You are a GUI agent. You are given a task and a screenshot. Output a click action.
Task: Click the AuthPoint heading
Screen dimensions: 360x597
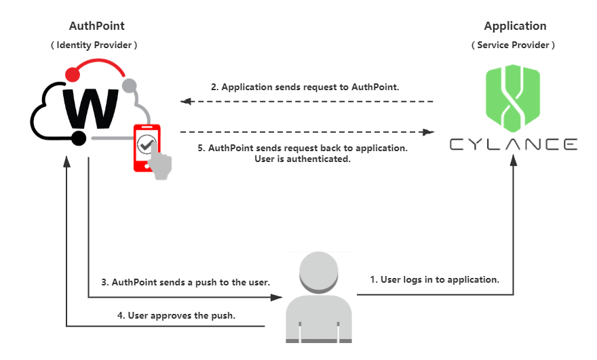[97, 26]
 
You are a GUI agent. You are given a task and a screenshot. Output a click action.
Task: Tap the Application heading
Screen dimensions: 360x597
[515, 26]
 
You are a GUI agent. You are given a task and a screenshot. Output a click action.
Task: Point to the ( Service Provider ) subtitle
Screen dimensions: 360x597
[513, 45]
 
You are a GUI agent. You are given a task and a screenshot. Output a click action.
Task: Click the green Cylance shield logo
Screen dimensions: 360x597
[513, 98]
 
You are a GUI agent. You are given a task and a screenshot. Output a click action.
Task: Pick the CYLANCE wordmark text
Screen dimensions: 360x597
[514, 144]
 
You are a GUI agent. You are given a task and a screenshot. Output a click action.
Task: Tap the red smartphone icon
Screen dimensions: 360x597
[146, 146]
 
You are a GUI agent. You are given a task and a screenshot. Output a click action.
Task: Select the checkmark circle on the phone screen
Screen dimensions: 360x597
[146, 144]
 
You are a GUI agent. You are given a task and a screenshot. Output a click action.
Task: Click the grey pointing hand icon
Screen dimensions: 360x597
[161, 164]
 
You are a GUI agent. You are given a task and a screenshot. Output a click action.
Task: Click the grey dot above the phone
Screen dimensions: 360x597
[129, 85]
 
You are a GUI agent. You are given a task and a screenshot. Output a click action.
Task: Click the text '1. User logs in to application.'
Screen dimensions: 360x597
[434, 279]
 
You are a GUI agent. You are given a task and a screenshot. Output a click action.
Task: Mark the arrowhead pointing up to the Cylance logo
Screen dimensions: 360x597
[514, 160]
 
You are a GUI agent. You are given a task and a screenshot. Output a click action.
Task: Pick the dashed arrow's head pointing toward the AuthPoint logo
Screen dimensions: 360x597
[185, 102]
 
